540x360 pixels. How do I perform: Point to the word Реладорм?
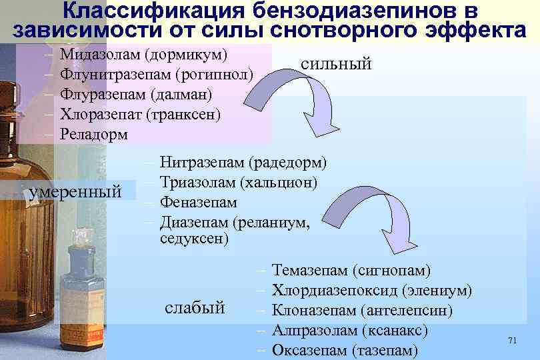click(93, 134)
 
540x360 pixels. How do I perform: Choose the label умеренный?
click(75, 193)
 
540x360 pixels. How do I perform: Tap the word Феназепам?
click(199, 201)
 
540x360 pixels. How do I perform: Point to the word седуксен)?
click(195, 237)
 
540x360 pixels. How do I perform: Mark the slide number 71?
click(512, 341)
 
